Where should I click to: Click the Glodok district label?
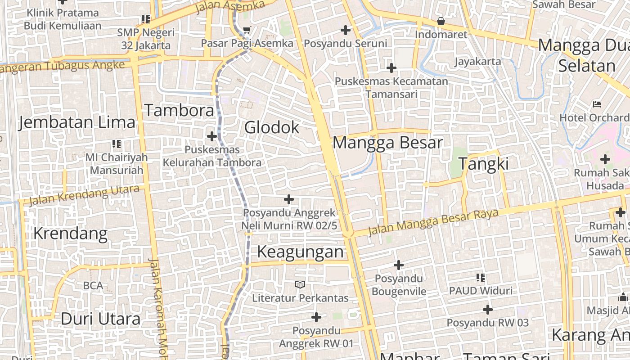point(271,128)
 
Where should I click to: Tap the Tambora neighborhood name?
point(179,110)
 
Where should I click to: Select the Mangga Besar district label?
point(387,143)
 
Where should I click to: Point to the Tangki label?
point(484,164)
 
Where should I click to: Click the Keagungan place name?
point(300,252)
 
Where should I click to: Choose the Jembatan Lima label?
point(76,122)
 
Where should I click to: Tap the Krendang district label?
point(70,234)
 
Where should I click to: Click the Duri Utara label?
point(100,319)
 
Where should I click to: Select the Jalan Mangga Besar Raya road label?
point(433,222)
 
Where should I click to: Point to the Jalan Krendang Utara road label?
point(84,195)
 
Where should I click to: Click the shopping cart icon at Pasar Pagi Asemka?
point(247,31)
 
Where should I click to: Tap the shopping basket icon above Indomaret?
point(441,21)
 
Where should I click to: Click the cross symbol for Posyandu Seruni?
point(346,30)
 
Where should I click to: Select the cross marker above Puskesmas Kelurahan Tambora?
point(212,136)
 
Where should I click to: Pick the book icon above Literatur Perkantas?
point(300,284)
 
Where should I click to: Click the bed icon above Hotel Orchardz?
point(597,104)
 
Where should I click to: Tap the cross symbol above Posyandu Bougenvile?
point(399,265)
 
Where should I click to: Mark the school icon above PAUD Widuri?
point(481,278)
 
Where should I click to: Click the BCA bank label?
point(93,286)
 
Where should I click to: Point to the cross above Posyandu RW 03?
point(487,310)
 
